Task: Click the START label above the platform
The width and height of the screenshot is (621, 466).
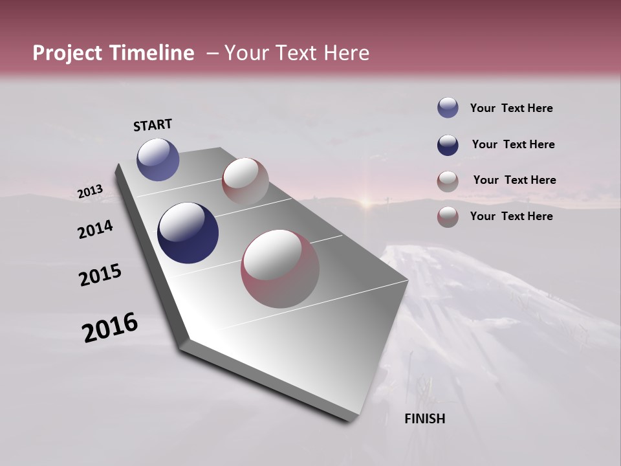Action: (x=153, y=125)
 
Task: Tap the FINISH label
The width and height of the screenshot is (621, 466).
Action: (x=425, y=419)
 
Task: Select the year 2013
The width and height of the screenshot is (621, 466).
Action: (x=90, y=192)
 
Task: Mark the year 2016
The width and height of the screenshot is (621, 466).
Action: (x=110, y=327)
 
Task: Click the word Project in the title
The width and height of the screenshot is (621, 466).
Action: (x=67, y=54)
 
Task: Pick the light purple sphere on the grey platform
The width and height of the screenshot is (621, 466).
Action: (x=158, y=159)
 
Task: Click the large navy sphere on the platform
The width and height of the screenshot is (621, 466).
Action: (x=188, y=233)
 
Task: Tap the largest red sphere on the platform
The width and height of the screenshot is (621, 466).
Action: (x=280, y=269)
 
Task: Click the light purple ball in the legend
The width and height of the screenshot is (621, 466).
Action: (x=448, y=108)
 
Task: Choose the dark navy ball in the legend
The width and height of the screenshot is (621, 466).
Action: (x=448, y=144)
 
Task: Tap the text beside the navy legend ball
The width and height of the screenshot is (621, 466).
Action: (x=513, y=144)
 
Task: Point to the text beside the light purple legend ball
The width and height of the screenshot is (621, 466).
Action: (x=511, y=108)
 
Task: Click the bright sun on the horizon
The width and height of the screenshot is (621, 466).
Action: (x=366, y=201)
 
